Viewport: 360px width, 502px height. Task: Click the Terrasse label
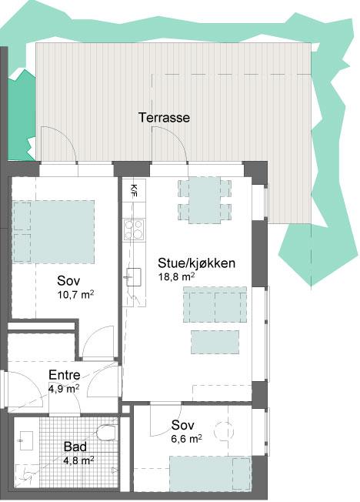point(164,118)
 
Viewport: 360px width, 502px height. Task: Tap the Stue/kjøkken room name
point(196,263)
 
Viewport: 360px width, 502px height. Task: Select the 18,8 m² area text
point(177,276)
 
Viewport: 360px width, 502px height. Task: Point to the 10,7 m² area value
point(75,294)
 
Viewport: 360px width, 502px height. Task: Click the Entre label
point(65,375)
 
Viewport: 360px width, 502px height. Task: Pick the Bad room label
point(75,447)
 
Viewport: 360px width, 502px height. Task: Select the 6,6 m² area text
point(187,439)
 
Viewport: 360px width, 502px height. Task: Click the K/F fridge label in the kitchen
point(134,190)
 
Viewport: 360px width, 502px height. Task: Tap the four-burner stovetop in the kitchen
point(134,229)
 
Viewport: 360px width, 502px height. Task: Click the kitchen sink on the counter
point(134,277)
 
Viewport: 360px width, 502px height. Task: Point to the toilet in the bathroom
point(107,433)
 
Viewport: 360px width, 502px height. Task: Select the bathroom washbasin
point(25,440)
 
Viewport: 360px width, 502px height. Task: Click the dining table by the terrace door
point(205,200)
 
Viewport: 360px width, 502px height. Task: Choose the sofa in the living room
point(215,304)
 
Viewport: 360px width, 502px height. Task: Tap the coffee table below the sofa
point(215,343)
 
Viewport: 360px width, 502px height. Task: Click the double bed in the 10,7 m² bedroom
point(53,232)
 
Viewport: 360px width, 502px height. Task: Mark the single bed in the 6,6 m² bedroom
point(210,474)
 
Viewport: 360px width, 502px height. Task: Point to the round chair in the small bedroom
point(224,431)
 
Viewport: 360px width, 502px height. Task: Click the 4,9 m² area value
point(64,389)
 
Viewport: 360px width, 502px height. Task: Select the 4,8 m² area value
point(78,460)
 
